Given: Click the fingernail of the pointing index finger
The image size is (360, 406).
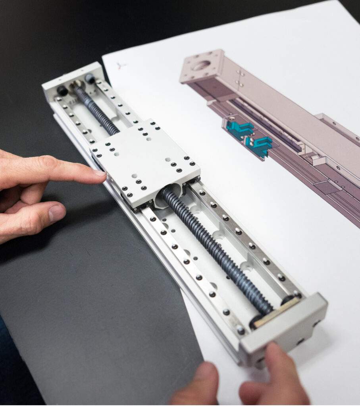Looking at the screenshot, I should (100, 173).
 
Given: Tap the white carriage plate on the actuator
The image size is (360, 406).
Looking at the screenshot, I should (145, 163).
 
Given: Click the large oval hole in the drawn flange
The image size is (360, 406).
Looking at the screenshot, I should (201, 65).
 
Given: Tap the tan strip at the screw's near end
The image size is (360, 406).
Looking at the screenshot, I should (276, 313).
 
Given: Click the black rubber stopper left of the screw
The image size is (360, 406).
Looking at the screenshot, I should (62, 91).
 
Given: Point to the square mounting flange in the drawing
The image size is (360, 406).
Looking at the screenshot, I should (202, 65).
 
